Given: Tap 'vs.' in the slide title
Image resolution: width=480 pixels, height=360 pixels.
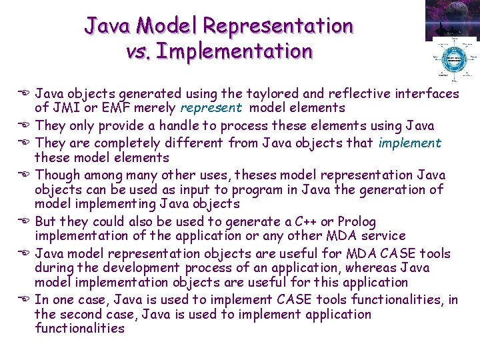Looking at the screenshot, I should point(141,51).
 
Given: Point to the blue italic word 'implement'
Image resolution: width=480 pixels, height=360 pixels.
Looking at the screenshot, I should point(410,143).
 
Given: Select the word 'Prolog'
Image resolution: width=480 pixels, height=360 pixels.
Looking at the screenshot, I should point(357,222).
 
